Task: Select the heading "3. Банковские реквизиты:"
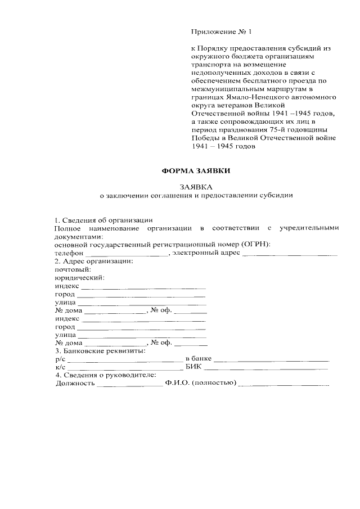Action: tap(100, 351)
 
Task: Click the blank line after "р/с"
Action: tap(124, 361)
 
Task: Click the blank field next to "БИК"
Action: tap(265, 369)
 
